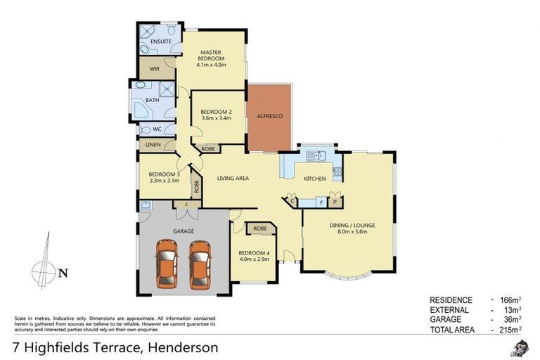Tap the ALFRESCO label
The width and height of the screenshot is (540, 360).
[x=269, y=116]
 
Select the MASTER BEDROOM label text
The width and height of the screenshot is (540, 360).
[x=211, y=56]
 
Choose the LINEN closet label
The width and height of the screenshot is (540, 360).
[x=153, y=145]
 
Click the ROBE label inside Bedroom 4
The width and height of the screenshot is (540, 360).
[x=259, y=229]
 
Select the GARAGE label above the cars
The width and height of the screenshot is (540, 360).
[x=184, y=231]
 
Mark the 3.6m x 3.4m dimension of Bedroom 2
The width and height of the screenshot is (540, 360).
[x=217, y=118]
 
